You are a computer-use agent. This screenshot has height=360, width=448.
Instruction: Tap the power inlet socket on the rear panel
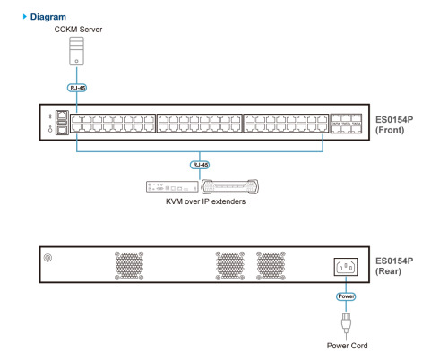pos(346,267)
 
